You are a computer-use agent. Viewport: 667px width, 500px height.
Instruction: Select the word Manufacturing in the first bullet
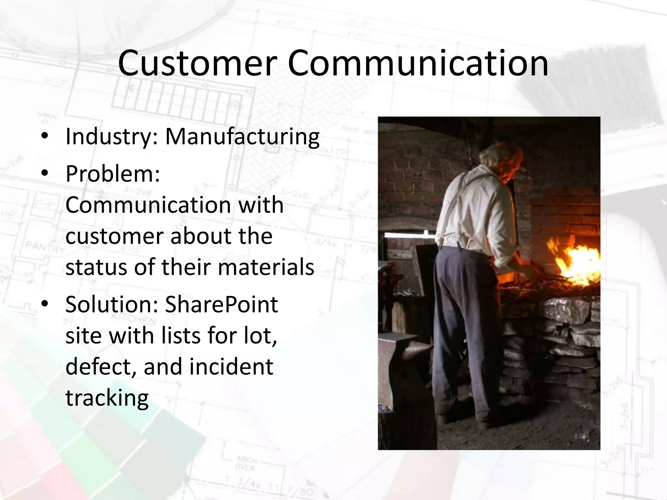point(242,137)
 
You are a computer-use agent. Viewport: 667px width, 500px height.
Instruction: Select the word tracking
point(107,398)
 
